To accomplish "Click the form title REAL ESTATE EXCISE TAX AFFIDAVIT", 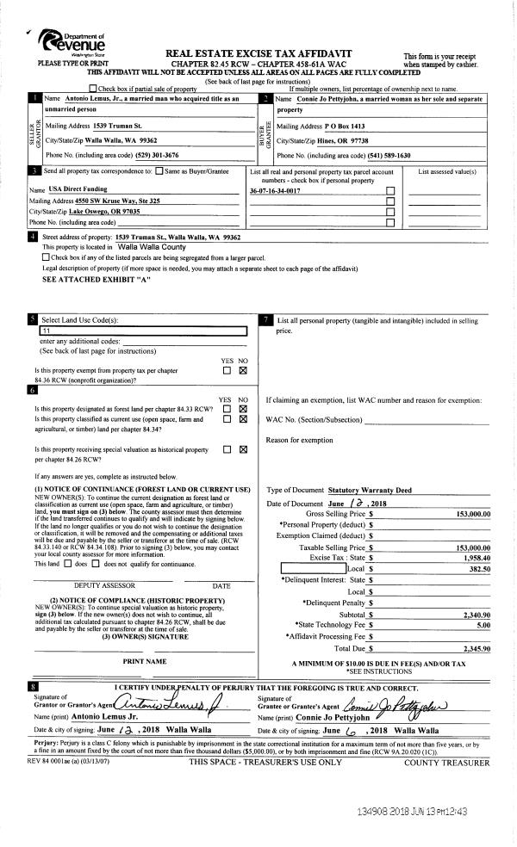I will click(258, 53).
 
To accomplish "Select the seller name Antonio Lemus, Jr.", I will click(98, 101).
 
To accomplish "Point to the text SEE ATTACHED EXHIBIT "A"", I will click(96, 280).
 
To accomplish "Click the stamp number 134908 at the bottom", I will click(373, 812).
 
